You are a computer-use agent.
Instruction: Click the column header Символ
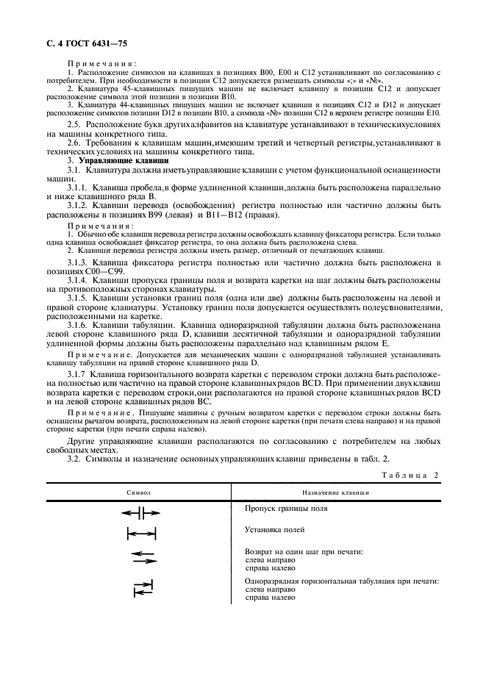[x=139, y=492]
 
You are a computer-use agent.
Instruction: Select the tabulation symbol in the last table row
[x=142, y=587]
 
